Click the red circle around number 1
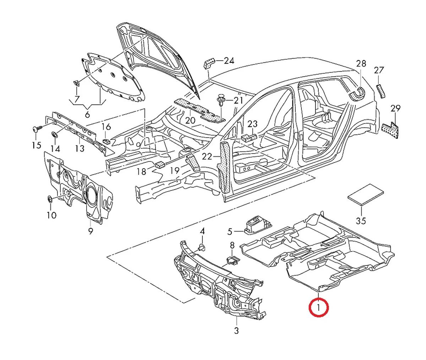click(319, 308)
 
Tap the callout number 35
click(361, 221)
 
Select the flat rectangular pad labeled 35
click(365, 194)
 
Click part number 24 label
click(229, 61)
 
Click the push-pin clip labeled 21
click(221, 100)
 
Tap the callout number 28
click(361, 64)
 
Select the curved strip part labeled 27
click(381, 91)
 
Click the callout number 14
click(55, 149)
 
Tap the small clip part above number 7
click(76, 83)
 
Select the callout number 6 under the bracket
click(87, 114)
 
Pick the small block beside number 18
click(160, 165)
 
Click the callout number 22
click(207, 156)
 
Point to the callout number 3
click(236, 331)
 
